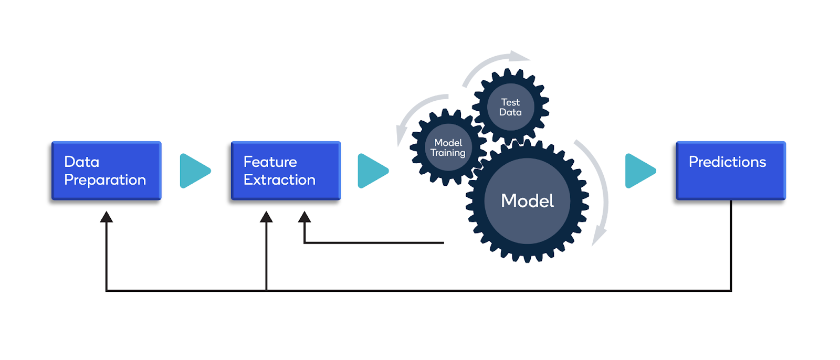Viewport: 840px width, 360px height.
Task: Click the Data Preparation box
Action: click(107, 171)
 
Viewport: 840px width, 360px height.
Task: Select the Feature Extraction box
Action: click(286, 171)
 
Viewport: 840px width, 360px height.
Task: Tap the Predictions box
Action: click(731, 171)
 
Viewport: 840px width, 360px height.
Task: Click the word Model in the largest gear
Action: click(527, 201)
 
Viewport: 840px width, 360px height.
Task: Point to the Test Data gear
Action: click(510, 107)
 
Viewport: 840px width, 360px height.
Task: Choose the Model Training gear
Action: click(448, 147)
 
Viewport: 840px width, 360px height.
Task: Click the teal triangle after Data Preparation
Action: click(194, 171)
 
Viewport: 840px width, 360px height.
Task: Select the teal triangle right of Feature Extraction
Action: click(372, 171)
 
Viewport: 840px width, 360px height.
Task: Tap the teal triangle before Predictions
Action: click(640, 171)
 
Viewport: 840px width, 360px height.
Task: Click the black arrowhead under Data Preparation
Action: click(107, 217)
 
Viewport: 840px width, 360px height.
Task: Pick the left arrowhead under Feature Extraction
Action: click(266, 217)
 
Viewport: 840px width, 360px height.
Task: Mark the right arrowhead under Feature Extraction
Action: click(304, 217)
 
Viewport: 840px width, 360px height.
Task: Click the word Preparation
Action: click(105, 180)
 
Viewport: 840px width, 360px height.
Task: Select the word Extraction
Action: click(279, 180)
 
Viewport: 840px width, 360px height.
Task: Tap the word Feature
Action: click(270, 162)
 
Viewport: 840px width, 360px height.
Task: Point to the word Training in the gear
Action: click(448, 153)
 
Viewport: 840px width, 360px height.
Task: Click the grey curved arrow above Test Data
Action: click(493, 61)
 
